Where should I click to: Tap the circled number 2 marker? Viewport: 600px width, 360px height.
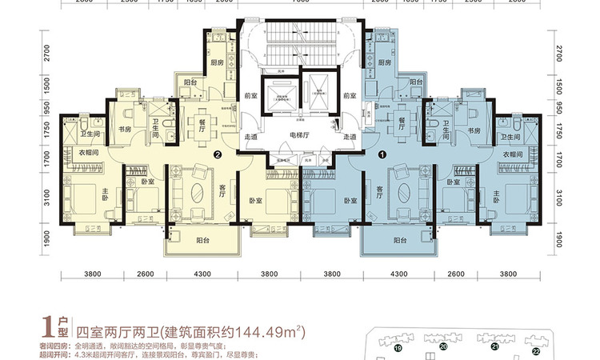pos(217,155)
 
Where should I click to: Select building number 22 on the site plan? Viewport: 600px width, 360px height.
pos(536,350)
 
